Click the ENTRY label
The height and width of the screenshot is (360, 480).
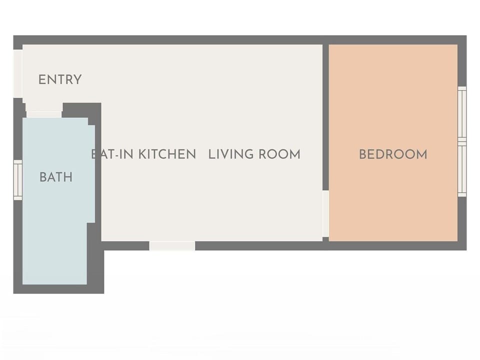(60, 79)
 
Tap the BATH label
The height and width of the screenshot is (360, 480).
(56, 177)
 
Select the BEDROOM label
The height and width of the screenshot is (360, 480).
(393, 154)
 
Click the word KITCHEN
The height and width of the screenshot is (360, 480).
(167, 154)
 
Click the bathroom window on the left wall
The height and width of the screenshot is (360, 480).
(18, 180)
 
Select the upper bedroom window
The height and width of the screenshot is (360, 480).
(462, 114)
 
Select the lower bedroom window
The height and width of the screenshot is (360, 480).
(462, 170)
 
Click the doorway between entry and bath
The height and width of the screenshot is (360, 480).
(44, 114)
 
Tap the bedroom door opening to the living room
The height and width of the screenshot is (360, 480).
(325, 213)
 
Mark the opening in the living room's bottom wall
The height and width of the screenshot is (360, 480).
(172, 245)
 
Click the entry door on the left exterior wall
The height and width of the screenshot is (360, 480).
(18, 73)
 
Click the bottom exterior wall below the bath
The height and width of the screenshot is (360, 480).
(57, 289)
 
